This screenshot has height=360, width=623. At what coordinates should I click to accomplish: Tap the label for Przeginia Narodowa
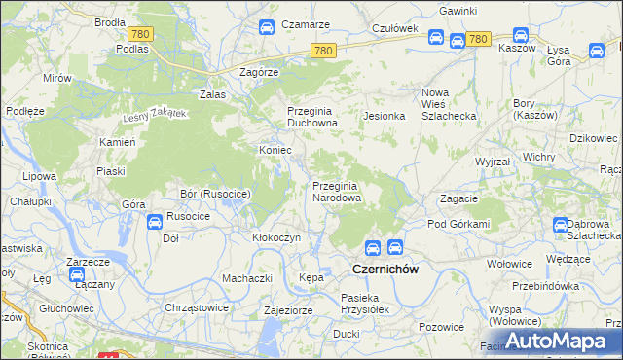pyautogui.click(x=337, y=191)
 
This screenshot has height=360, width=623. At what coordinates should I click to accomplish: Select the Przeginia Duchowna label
pyautogui.click(x=311, y=118)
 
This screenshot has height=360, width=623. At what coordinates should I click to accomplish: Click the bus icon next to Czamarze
pyautogui.click(x=266, y=29)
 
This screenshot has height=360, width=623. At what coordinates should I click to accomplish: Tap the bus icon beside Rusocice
pyautogui.click(x=154, y=223)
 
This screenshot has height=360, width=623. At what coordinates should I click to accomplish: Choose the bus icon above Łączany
pyautogui.click(x=77, y=275)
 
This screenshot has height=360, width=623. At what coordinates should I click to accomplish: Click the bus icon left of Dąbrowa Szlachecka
pyautogui.click(x=561, y=225)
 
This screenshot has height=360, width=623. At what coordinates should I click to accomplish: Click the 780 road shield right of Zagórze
pyautogui.click(x=324, y=51)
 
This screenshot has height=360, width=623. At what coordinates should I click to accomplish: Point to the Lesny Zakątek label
pyautogui.click(x=154, y=115)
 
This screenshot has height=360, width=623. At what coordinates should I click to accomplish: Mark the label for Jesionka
pyautogui.click(x=384, y=116)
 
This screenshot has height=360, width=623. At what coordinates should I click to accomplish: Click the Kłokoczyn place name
pyautogui.click(x=276, y=237)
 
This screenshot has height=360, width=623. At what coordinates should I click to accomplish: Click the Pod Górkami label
pyautogui.click(x=458, y=225)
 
